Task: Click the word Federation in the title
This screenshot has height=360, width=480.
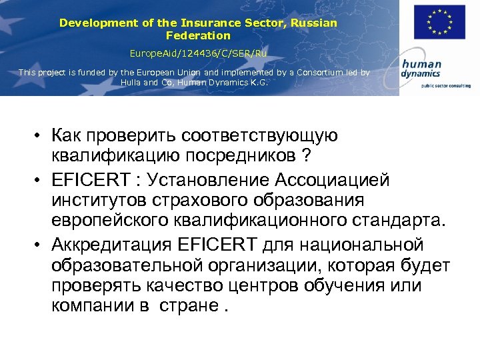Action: coord(198,35)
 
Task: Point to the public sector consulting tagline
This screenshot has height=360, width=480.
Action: coord(441,85)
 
